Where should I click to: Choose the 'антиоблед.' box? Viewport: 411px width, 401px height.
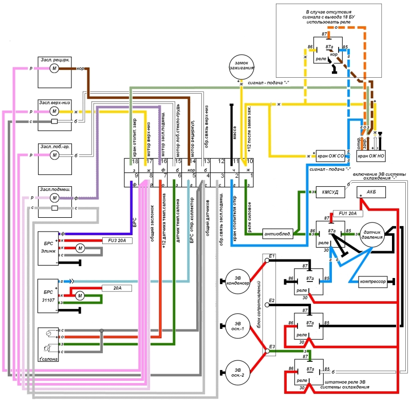pos(277,234)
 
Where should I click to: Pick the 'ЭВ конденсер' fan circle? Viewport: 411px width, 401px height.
pos(238,280)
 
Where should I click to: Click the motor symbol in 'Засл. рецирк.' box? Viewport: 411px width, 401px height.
pos(54,68)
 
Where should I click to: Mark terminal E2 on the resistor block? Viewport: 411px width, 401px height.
pos(270,301)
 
